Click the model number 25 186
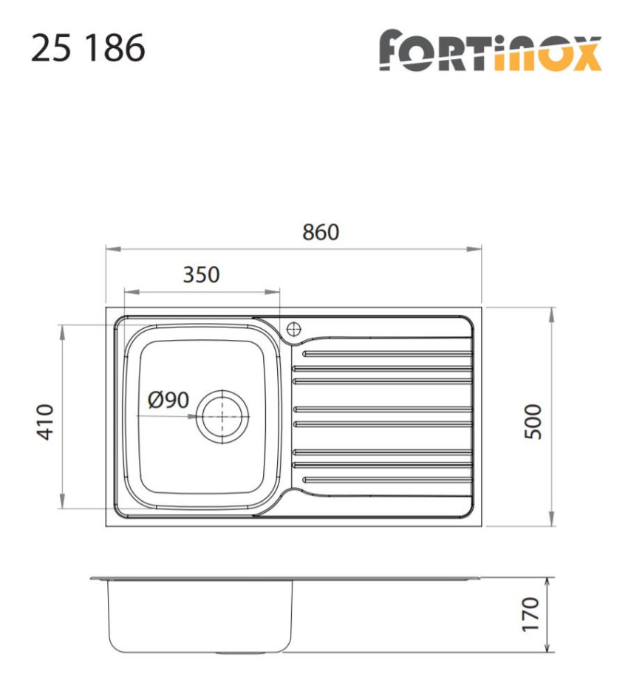(88, 49)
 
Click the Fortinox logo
(490, 51)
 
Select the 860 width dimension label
(321, 232)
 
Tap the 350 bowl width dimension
(201, 275)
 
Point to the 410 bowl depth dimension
(46, 422)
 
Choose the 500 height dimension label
(533, 422)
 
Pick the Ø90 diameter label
(168, 401)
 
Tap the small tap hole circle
(294, 327)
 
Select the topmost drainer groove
(387, 354)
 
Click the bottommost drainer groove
(387, 479)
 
